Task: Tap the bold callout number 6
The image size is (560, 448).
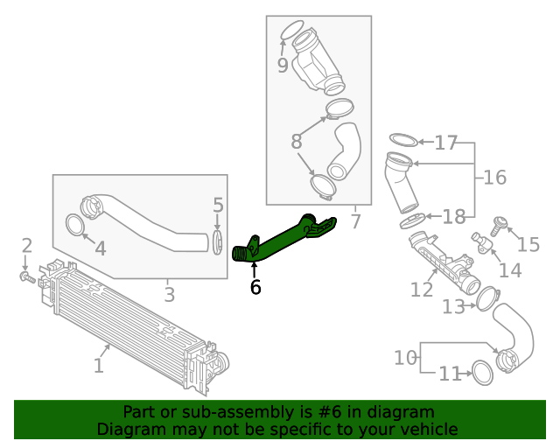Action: click(255, 286)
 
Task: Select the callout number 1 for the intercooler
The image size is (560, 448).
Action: click(99, 363)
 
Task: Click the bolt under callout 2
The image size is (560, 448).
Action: click(27, 279)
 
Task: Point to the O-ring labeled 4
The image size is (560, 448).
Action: click(76, 227)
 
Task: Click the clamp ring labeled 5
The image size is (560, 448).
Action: click(218, 241)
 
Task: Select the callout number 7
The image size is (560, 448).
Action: click(355, 221)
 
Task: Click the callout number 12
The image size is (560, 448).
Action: click(422, 288)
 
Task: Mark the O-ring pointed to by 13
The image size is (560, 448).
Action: click(486, 300)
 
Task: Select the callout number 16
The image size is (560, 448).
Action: click(494, 178)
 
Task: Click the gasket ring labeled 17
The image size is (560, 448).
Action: click(402, 141)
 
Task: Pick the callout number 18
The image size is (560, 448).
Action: click(413, 220)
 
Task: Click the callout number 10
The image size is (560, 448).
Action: click(405, 357)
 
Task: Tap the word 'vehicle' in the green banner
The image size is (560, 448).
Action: click(426, 429)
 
